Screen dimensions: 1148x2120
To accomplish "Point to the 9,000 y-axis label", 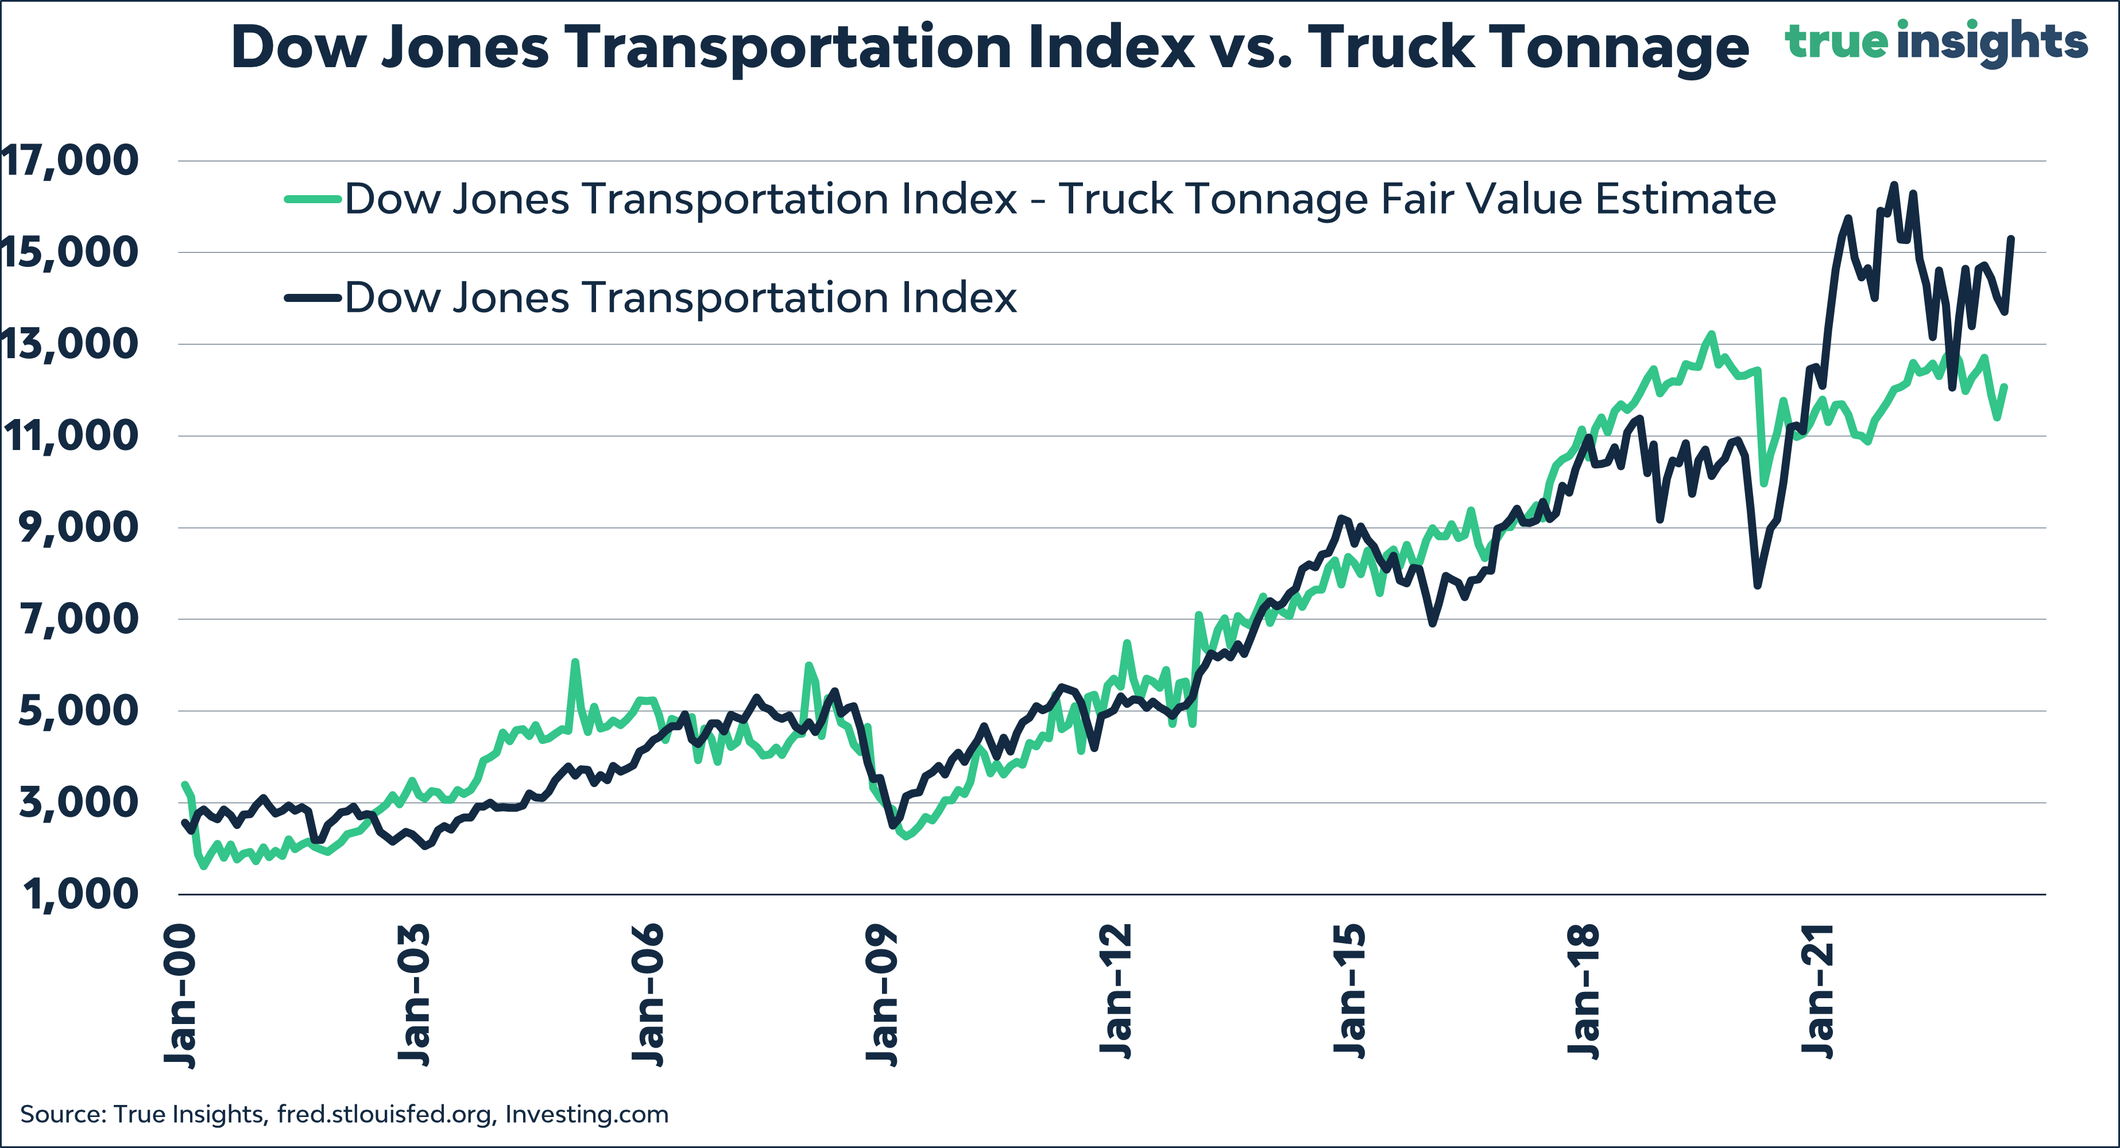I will coord(78,528).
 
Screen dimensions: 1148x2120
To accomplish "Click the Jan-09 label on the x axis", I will coord(882,996).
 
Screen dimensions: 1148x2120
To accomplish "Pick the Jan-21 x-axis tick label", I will coord(1817,992).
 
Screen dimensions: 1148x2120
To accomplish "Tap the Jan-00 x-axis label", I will coord(180,996).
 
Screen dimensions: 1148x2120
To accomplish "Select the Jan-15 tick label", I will coord(1349,992).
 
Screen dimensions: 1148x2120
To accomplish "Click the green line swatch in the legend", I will coord(313,199).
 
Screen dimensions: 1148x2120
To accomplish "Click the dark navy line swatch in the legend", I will coord(313,298).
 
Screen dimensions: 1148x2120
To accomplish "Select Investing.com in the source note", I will coord(586,1114).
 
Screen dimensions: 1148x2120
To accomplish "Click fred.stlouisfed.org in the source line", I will coord(385,1114).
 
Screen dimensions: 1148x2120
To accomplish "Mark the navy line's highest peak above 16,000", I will coord(1894,185).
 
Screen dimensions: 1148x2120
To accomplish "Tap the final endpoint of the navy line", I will coord(2011,239).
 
